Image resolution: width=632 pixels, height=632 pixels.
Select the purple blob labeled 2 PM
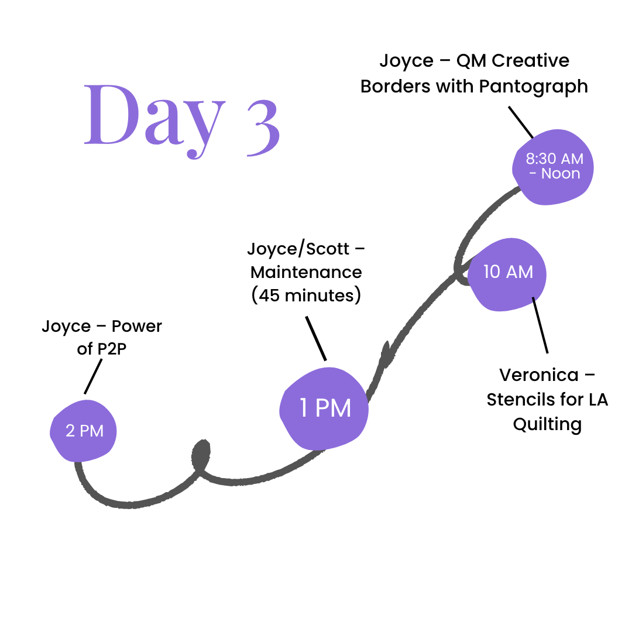pos(84,431)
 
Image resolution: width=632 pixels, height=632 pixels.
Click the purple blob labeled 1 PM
pos(325,408)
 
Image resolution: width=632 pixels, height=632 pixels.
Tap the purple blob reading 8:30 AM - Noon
pos(552,167)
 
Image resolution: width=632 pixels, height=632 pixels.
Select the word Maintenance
pos(306,272)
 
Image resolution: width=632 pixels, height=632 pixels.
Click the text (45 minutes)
pos(306,296)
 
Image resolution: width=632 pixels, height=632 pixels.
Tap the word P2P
pos(110,349)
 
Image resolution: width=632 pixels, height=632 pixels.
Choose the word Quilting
pos(547,424)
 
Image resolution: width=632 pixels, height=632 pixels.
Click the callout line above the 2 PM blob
pos(94,376)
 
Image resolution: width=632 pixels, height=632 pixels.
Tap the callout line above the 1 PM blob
pos(316,338)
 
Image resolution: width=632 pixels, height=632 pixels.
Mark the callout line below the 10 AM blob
pos(540,325)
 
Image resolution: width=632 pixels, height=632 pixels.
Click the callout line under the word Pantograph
pos(520,121)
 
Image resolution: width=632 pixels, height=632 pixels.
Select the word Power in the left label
pos(137,326)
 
